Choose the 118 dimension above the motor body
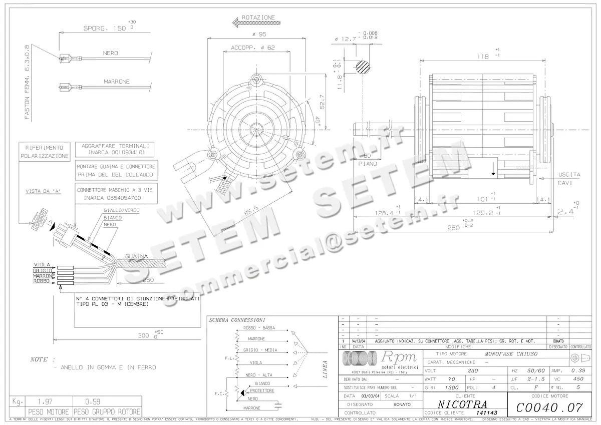point(483,57)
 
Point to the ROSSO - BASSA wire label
point(259,328)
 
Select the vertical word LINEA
point(325,369)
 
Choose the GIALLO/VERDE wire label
point(121,211)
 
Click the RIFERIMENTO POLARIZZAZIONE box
point(45,152)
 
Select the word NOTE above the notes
point(40,359)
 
